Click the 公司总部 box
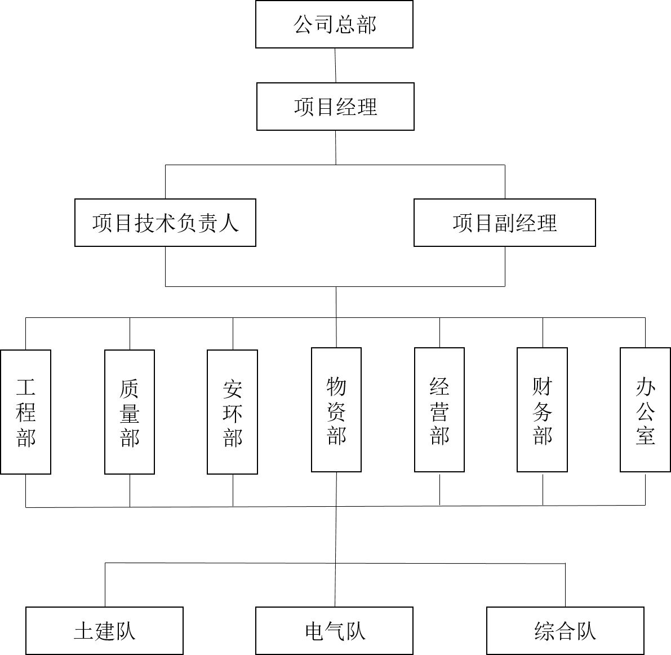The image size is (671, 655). (334, 24)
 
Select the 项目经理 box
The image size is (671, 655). (335, 107)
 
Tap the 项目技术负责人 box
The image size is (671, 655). (165, 223)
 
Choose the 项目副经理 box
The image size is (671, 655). (504, 223)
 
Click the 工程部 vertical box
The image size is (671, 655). (26, 411)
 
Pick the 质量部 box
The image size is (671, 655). (130, 411)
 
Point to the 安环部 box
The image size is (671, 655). (232, 411)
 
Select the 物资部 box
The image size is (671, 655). (336, 410)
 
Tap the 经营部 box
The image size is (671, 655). (439, 410)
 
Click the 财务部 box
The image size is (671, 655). (542, 410)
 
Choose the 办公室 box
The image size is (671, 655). (645, 410)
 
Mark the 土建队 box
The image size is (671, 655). (105, 630)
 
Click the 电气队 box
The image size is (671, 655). (334, 630)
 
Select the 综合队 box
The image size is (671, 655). (565, 630)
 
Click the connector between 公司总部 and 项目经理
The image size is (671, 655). (335, 65)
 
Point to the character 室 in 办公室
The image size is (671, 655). (645, 435)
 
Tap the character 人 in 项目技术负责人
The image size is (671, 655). (229, 223)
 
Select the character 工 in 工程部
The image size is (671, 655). (26, 387)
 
